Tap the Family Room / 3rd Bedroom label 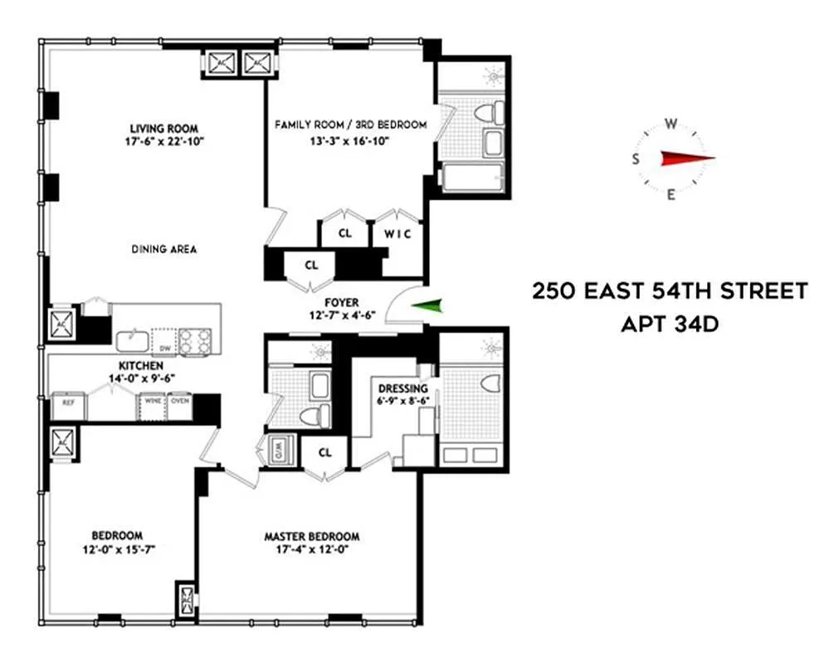(x=350, y=125)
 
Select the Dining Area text (x=163, y=249)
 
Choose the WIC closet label (x=397, y=233)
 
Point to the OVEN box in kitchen (x=180, y=403)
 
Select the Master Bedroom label (x=311, y=536)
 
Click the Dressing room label (x=402, y=388)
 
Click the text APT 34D (x=669, y=323)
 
